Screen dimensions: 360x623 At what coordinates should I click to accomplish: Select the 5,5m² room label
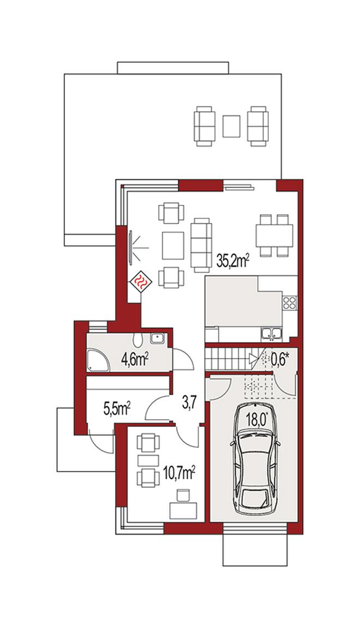point(118,409)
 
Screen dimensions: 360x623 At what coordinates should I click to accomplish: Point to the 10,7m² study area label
point(179,474)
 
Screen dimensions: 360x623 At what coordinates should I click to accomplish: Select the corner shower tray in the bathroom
point(98,360)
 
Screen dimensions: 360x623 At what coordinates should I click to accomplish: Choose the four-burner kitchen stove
point(290,303)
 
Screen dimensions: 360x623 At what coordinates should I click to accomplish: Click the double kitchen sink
point(271,334)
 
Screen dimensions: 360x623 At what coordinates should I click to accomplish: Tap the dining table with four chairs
point(274,235)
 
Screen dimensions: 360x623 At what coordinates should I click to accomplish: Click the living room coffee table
point(173,245)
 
